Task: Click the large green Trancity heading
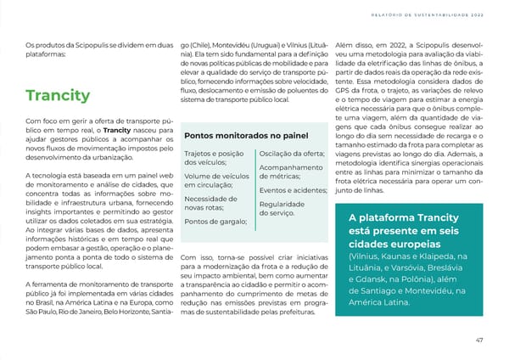click(x=58, y=94)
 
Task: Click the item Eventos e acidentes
click(x=294, y=189)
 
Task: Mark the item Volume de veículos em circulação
click(x=215, y=181)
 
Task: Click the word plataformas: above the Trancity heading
click(x=48, y=53)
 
